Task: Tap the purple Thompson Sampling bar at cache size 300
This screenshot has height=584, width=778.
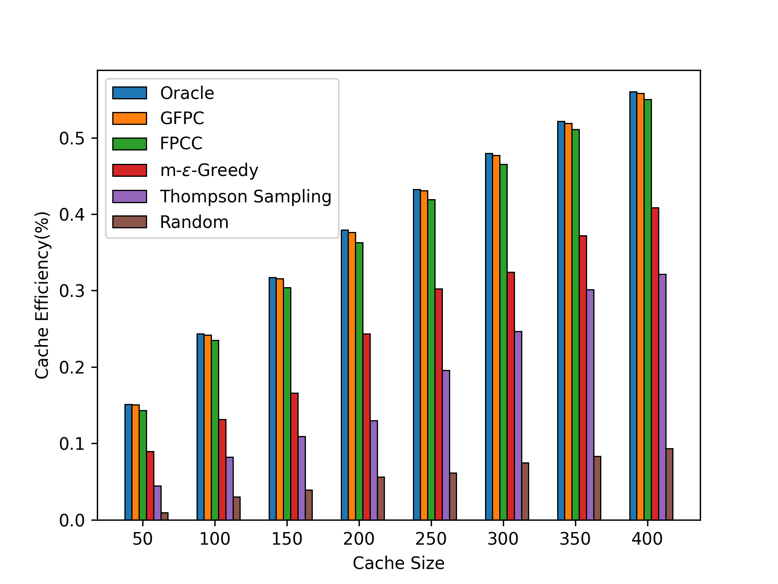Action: [x=518, y=425]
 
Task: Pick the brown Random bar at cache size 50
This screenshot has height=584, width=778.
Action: [x=165, y=516]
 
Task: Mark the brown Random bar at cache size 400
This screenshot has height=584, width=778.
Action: [x=669, y=484]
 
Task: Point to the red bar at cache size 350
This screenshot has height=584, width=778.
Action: [x=583, y=378]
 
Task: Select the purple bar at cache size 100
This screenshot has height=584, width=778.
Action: [x=230, y=488]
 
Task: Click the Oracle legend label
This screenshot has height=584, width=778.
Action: [x=187, y=93]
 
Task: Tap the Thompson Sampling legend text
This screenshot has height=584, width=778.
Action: [x=246, y=197]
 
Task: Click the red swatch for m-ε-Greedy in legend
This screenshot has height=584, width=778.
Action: [x=130, y=170]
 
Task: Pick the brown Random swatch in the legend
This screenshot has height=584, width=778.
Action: [x=130, y=222]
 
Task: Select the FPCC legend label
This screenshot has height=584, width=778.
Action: [x=181, y=144]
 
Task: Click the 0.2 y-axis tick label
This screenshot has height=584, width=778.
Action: [x=72, y=367]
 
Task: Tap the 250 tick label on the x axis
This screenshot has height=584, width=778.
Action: [x=431, y=539]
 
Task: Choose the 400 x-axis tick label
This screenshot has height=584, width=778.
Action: [x=647, y=539]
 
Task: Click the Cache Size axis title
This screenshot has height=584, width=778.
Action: [x=398, y=563]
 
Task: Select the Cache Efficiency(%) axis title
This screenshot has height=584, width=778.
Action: [x=42, y=295]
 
